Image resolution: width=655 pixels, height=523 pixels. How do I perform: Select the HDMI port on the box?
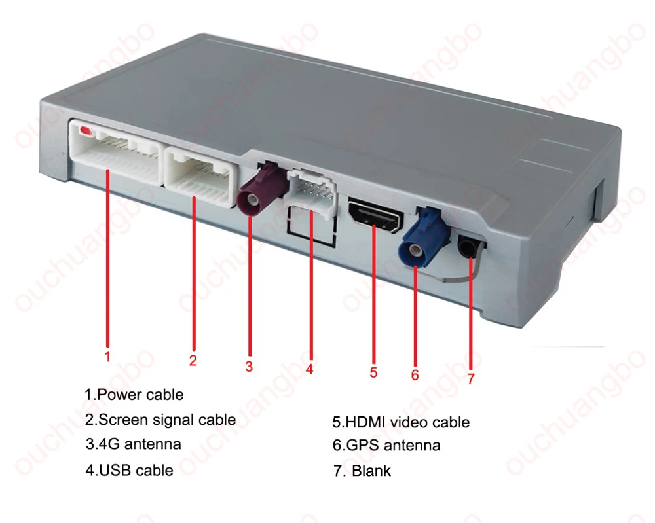coord(376,216)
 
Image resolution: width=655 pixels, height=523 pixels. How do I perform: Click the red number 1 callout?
coord(107,357)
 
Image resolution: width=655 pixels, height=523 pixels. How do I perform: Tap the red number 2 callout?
coord(193,360)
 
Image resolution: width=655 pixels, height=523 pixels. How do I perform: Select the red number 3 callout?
coord(249,367)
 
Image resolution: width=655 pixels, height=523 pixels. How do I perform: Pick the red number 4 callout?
coord(309,369)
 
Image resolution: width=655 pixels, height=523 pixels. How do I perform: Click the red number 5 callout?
coord(373,372)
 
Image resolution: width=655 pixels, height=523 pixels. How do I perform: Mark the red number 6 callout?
coord(415,375)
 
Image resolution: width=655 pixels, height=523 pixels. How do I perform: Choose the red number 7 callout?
coord(471,378)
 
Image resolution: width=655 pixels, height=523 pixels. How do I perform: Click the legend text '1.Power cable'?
coord(134,395)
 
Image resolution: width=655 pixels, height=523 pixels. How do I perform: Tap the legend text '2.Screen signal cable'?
coord(160,420)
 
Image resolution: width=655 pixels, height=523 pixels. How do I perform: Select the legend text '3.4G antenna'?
coord(133,444)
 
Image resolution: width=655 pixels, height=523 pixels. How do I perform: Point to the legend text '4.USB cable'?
coord(130,470)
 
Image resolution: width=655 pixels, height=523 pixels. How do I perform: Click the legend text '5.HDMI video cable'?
coord(401,422)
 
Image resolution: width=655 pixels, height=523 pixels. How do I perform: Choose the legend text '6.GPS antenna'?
coord(386,445)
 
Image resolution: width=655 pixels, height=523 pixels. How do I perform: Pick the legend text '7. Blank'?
coord(362,471)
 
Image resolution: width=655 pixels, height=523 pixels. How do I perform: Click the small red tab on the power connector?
coord(86,131)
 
